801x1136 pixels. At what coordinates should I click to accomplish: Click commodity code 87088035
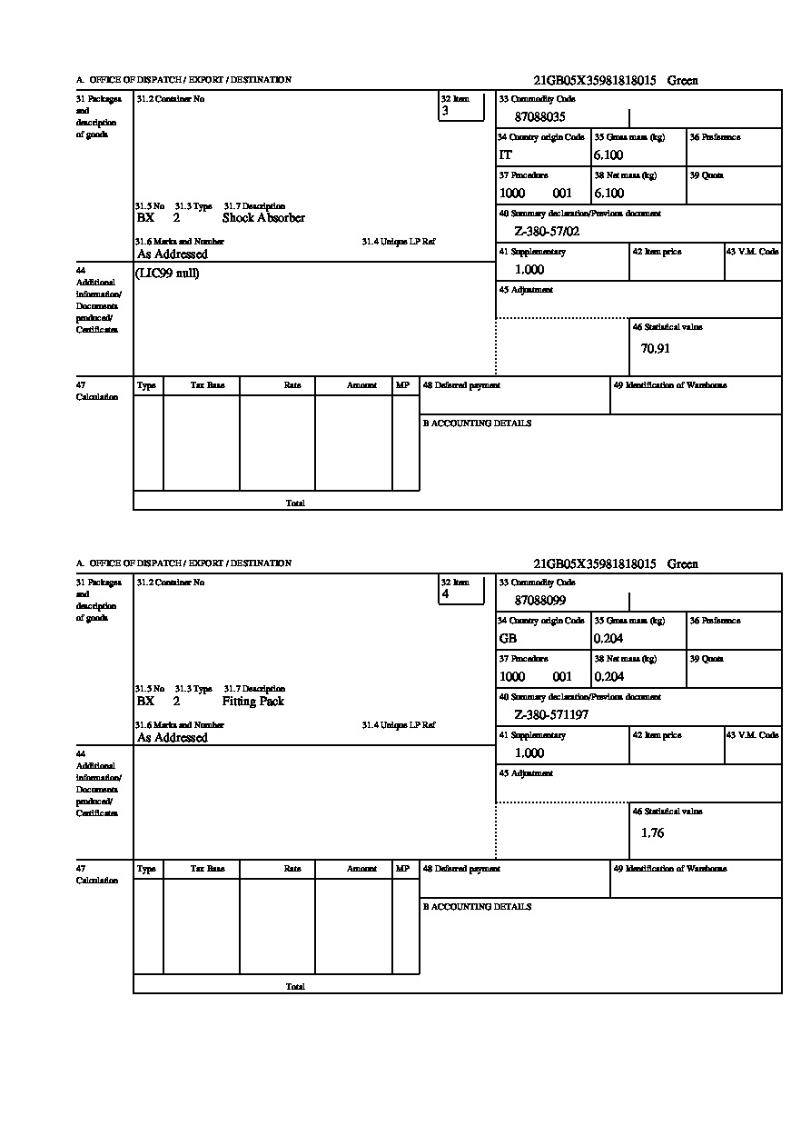540,117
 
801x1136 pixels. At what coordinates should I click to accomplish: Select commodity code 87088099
540,601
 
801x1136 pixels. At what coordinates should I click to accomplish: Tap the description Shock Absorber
263,218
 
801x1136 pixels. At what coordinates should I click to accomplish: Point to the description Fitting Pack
253,702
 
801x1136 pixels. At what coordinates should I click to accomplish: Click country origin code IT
506,155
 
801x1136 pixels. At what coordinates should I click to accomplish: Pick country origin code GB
508,639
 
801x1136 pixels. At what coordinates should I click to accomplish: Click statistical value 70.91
656,348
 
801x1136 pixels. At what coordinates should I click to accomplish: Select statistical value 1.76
652,832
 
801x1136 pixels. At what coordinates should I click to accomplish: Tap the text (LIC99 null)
167,274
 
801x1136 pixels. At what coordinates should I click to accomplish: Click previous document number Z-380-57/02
547,232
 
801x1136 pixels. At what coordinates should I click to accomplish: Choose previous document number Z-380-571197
551,715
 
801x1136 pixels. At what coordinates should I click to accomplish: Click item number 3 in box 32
445,111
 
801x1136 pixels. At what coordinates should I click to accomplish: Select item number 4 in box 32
445,594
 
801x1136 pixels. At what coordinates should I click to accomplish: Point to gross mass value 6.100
608,155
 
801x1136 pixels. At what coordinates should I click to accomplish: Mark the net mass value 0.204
608,677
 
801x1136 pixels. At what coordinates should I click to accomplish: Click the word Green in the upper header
683,81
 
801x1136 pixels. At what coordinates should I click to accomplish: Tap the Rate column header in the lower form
292,869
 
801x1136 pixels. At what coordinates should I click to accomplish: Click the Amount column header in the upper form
361,385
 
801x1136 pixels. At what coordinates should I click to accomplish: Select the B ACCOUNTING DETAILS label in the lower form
477,907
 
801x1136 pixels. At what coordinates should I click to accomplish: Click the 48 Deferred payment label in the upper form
461,385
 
